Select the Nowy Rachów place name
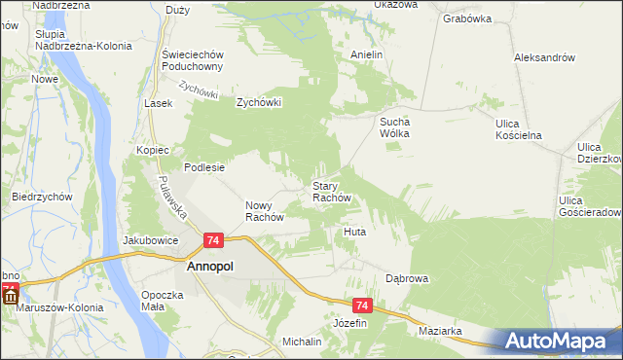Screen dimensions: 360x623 (264, 211)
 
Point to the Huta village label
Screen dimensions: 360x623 (353, 233)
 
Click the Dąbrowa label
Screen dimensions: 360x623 (407, 278)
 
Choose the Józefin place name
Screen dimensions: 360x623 (350, 322)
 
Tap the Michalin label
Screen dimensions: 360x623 (302, 342)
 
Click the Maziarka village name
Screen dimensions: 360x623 (440, 332)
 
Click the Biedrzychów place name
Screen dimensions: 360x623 (43, 196)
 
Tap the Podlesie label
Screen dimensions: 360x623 (205, 166)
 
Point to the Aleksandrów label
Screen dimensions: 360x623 (544, 57)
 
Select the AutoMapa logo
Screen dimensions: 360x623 (555, 341)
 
